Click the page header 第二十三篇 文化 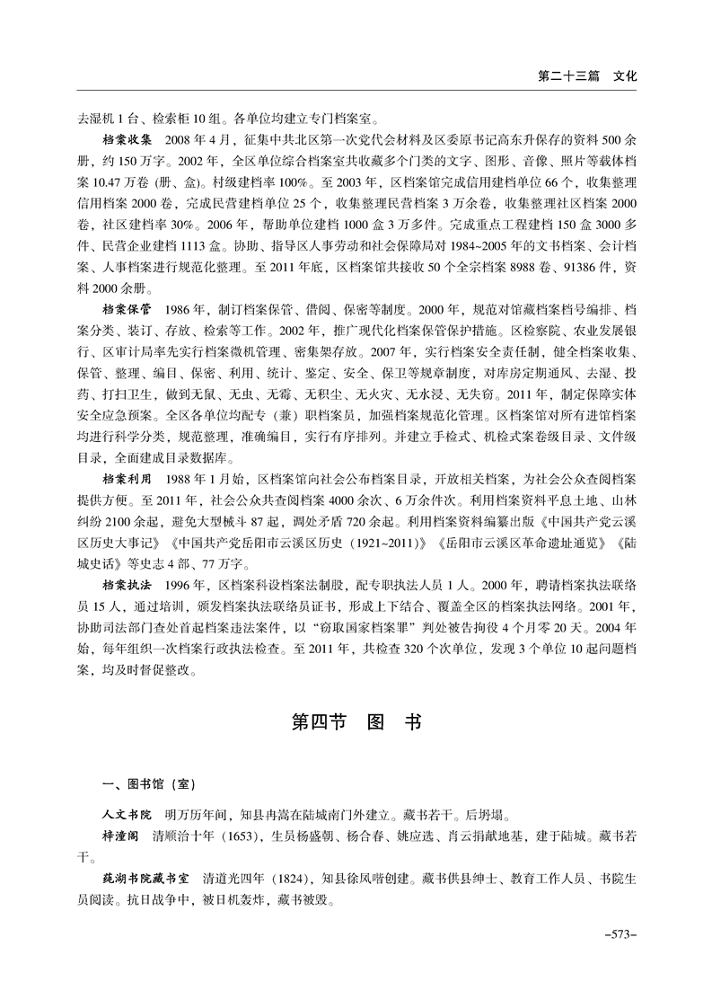[x=586, y=76]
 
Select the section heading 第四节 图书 [x=356, y=722]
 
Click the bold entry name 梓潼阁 [x=121, y=838]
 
